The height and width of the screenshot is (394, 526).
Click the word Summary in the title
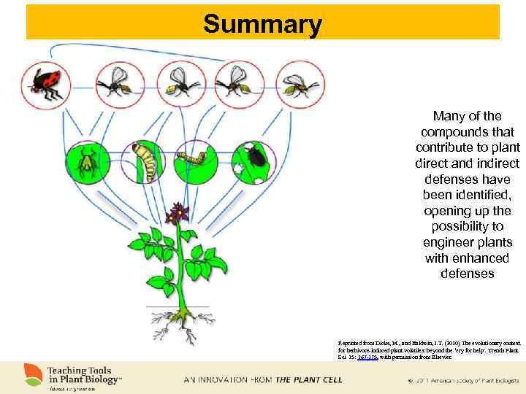coord(262,24)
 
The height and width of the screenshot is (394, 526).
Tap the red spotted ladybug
coord(46,83)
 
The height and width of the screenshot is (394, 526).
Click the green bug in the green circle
coord(86,161)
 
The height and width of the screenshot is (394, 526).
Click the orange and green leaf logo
coord(31,374)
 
